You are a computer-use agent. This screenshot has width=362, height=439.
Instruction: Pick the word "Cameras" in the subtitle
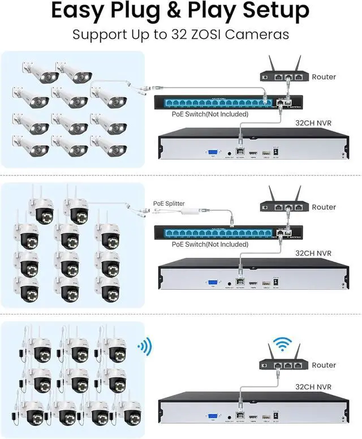264,34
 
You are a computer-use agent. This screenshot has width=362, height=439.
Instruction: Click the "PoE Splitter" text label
169,203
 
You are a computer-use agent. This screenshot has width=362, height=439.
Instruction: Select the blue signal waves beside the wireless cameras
145,345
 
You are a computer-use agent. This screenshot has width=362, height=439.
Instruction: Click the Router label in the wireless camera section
324,365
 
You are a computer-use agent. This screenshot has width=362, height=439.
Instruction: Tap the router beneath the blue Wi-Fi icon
283,363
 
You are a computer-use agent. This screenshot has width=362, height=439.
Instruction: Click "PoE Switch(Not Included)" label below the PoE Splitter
210,244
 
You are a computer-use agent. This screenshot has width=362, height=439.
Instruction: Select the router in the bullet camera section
283,75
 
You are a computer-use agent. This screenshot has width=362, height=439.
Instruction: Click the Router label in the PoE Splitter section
324,207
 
